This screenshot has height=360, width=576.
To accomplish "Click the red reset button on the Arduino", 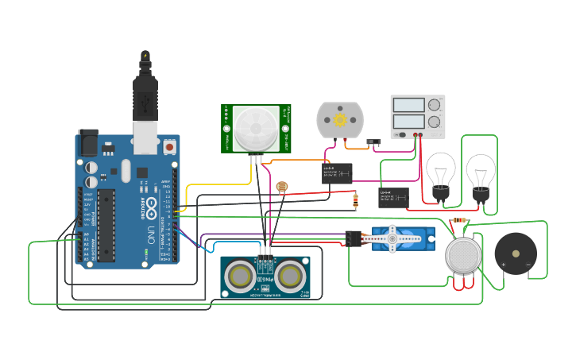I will pyautogui.click(x=169, y=147).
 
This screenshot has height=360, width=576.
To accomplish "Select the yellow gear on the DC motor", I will pyautogui.click(x=340, y=120).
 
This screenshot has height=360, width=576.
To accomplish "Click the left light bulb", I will pyautogui.click(x=441, y=172).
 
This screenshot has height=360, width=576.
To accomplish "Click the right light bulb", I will pyautogui.click(x=480, y=172).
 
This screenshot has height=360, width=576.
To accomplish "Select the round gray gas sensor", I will pyautogui.click(x=463, y=255).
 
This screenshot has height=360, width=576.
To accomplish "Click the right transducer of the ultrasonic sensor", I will pyautogui.click(x=289, y=275).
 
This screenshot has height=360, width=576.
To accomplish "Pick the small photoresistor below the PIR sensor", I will pyautogui.click(x=280, y=188).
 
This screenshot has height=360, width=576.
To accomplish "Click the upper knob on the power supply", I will pyautogui.click(x=434, y=105).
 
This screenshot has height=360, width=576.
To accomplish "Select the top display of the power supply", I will pyautogui.click(x=408, y=105).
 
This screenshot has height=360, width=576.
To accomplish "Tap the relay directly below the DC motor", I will pyautogui.click(x=337, y=172).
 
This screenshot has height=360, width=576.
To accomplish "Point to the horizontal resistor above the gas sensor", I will pyautogui.click(x=458, y=221).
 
